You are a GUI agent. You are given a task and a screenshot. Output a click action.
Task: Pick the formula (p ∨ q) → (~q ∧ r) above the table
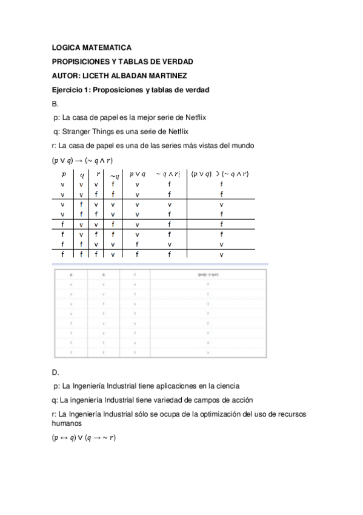(x=82, y=160)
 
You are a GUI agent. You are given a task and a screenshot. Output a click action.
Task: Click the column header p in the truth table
(x=63, y=173)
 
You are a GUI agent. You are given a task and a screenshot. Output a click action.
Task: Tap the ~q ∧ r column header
(x=170, y=174)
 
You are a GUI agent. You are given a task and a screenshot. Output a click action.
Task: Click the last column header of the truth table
(x=221, y=174)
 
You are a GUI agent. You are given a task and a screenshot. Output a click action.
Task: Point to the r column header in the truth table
(x=97, y=173)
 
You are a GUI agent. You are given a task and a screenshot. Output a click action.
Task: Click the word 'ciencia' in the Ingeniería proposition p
(x=227, y=386)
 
